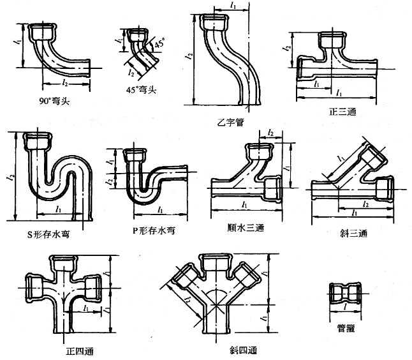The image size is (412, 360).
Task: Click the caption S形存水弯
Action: click(51, 234)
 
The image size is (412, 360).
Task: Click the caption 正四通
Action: click(63, 350)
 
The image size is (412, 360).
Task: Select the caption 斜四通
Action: click(228, 350)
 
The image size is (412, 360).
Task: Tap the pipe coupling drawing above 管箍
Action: click(345, 297)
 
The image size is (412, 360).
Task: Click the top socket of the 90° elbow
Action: click(41, 31)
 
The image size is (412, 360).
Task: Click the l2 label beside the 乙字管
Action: click(189, 57)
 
